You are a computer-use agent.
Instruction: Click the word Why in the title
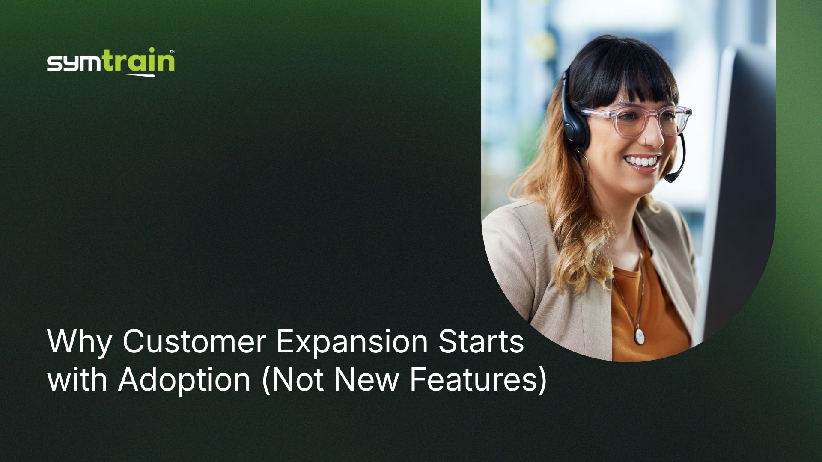pyautogui.click(x=80, y=343)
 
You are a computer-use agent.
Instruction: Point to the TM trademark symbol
pyautogui.click(x=172, y=52)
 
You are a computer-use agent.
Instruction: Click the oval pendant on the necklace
pyautogui.click(x=639, y=336)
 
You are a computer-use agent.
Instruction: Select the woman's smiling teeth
pyautogui.click(x=641, y=162)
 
